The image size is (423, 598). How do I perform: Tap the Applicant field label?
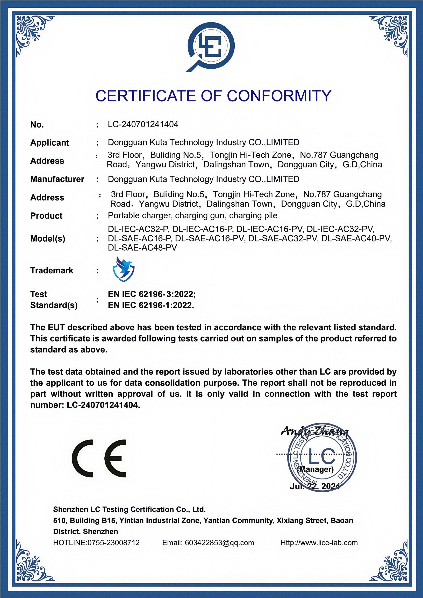49,143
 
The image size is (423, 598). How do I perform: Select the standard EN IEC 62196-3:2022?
151,294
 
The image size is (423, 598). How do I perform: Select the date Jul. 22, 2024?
315,486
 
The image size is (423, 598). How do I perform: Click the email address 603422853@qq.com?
219,543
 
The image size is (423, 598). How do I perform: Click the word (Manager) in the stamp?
316,469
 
